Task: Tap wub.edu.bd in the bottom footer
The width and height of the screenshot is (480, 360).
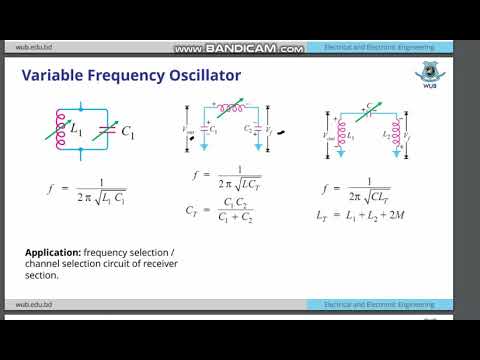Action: coord(31,304)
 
